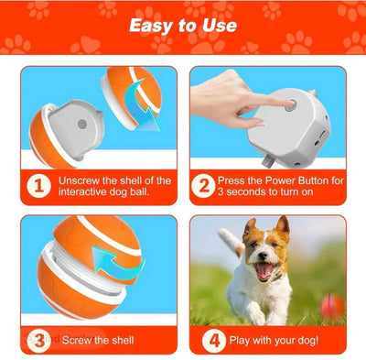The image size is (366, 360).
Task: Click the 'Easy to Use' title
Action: (183, 25)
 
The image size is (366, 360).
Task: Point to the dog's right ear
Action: (283, 226)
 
